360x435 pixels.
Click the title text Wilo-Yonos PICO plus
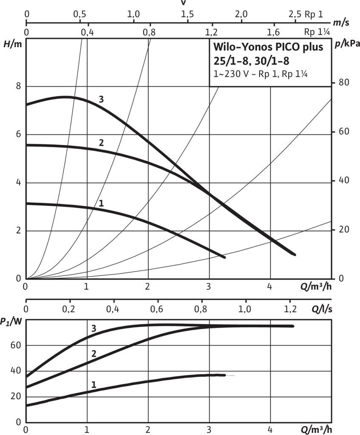coord(268,47)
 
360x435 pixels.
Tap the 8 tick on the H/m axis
coord(18,86)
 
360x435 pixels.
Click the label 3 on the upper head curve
coord(101,99)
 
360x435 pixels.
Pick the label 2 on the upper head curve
coord(101,143)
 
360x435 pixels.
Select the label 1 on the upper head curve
coord(101,203)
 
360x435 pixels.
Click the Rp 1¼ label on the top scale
coord(317,32)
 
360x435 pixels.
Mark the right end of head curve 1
coord(224,257)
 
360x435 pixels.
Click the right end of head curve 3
coord(294,254)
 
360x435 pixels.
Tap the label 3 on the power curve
coord(94,328)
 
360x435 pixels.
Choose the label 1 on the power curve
coord(94,384)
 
